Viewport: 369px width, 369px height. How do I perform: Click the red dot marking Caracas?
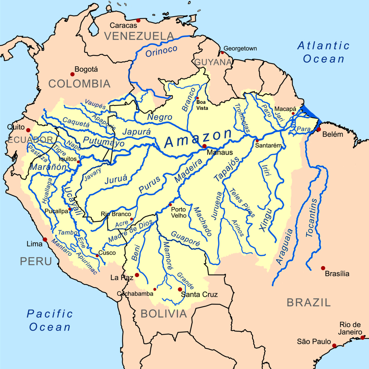tap(138, 20)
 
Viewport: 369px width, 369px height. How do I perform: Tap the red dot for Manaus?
tap(204, 146)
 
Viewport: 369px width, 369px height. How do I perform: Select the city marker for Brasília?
tap(323, 268)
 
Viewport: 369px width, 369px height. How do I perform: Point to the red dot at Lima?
tap(45, 239)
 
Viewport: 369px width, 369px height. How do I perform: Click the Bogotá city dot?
tap(73, 74)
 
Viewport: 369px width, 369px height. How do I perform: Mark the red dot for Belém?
tap(319, 130)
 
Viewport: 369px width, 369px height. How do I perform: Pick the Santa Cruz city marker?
tap(180, 289)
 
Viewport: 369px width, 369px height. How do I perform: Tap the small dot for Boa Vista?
tap(197, 98)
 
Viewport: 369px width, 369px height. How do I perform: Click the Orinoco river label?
tap(161, 52)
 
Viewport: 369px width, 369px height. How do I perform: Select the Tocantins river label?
tap(311, 218)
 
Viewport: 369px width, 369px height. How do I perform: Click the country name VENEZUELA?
tap(139, 36)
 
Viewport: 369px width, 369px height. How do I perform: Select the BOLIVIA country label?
tap(164, 314)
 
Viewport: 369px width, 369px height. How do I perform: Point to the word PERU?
tap(36, 262)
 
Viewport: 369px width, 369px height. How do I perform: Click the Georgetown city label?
tap(240, 49)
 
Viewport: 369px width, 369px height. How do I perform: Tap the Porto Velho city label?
tap(179, 212)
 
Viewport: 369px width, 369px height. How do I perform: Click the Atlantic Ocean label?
tap(323, 52)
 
